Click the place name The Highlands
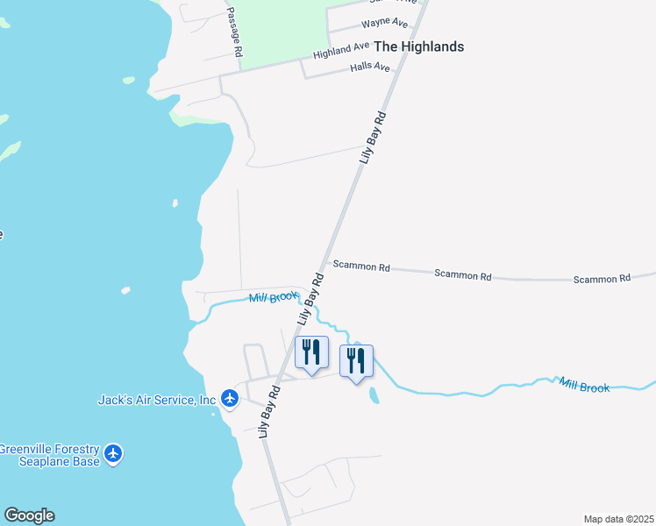418,46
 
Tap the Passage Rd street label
233,32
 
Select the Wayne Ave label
385,23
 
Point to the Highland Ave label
341,51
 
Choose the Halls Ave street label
369,67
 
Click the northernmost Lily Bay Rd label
373,138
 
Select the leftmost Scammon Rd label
360,266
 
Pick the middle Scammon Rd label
462,274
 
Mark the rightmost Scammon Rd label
602,279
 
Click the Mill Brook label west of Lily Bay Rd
274,298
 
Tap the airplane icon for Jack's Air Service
230,399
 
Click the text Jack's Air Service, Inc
156,400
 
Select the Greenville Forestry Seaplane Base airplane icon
112,454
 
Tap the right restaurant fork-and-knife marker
356,361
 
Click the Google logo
29,515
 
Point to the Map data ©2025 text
618,518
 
